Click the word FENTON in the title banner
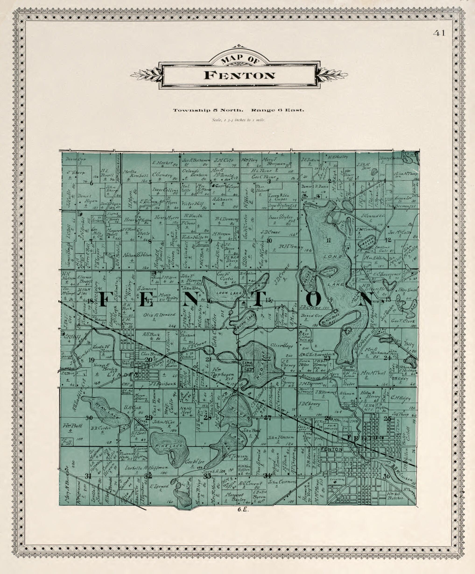point(239,75)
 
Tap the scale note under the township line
point(238,120)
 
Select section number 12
point(388,240)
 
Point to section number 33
point(208,476)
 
